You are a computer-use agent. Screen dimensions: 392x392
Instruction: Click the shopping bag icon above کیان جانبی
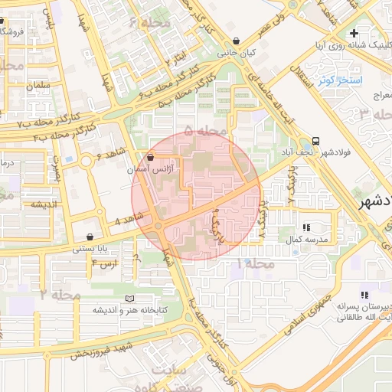[236, 41]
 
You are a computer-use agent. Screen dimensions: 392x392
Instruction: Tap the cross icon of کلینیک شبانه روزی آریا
[353, 33]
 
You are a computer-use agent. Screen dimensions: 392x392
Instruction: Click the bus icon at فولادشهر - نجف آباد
[315, 142]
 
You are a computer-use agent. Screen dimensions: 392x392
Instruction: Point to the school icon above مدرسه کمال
[307, 227]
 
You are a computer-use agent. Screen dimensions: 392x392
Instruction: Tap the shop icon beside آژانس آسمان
[150, 156]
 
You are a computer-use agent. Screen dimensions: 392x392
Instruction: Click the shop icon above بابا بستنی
[92, 237]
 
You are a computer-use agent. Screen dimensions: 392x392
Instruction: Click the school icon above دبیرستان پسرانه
[365, 295]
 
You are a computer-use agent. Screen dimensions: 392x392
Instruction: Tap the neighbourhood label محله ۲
[61, 294]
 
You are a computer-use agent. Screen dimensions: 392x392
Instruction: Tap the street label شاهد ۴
[127, 220]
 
